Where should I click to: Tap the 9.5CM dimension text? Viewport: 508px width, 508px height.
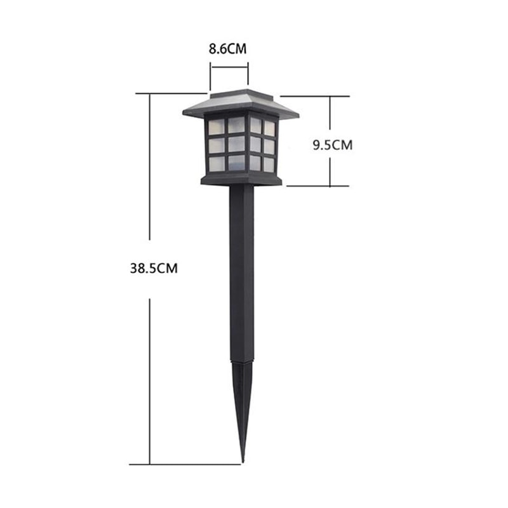[x=332, y=145]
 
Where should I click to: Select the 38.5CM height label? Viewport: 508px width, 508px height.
[x=150, y=268]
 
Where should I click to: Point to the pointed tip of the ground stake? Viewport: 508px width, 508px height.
[x=242, y=459]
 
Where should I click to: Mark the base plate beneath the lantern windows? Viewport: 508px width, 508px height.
[x=241, y=180]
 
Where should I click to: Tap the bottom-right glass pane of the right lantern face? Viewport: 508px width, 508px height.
[x=269, y=164]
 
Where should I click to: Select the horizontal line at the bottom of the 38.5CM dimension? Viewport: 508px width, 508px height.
[x=190, y=464]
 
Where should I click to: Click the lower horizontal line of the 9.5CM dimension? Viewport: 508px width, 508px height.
[x=317, y=186]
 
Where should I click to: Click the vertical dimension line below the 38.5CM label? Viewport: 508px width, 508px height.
[x=150, y=381]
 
